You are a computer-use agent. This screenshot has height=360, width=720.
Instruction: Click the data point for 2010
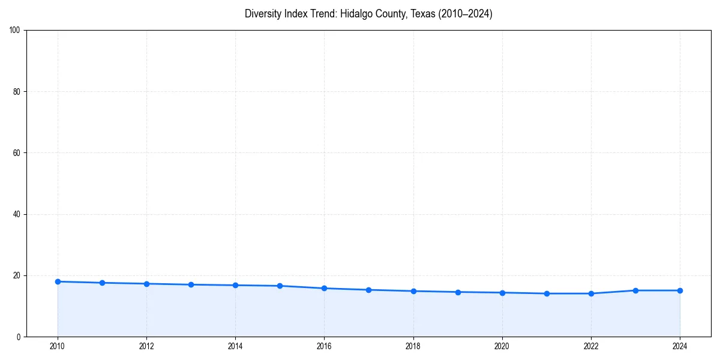58,281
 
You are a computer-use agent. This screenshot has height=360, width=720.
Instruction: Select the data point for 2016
324,288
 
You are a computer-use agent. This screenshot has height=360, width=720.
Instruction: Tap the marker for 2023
635,290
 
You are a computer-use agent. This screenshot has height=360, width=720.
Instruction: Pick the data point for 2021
547,293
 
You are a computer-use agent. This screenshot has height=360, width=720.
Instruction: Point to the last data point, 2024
680,290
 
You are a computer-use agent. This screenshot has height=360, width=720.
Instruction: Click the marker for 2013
191,284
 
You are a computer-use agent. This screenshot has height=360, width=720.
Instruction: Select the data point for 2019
458,292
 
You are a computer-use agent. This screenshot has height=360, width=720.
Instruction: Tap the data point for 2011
102,283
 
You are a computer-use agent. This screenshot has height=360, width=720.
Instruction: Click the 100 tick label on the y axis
15,31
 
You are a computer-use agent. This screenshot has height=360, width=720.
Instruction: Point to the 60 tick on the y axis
17,153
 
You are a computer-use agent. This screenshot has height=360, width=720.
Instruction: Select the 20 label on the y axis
17,275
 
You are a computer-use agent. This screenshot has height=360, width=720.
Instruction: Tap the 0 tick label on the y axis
19,337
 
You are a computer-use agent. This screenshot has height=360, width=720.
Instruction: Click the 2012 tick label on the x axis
146,346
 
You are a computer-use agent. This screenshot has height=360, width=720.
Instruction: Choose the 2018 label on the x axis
413,346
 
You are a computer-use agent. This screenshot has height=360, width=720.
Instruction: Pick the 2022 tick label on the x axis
591,346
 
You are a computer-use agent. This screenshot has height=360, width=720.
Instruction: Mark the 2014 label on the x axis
235,346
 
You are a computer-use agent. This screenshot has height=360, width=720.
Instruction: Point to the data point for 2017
368,290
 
